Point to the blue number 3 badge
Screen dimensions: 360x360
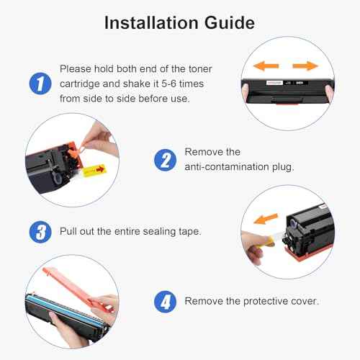coord(40,233)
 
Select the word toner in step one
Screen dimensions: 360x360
coord(216,68)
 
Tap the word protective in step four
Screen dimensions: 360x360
coord(254,300)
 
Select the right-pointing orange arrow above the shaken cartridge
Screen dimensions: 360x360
coord(305,66)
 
